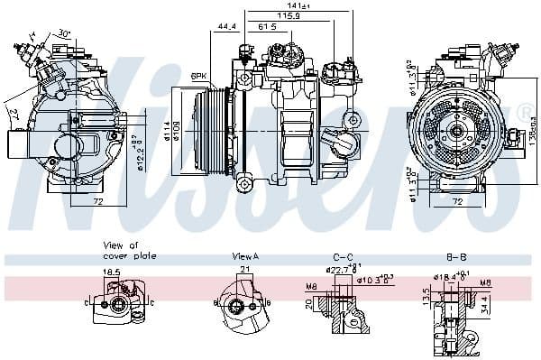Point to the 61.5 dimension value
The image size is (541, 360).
coord(268,27)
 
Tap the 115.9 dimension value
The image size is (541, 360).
coord(288,16)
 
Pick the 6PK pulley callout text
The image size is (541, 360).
coord(199,77)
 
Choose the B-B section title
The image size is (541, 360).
coord(455,256)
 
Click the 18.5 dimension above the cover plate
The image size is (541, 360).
coord(112,271)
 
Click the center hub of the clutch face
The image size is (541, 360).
coord(456,131)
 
